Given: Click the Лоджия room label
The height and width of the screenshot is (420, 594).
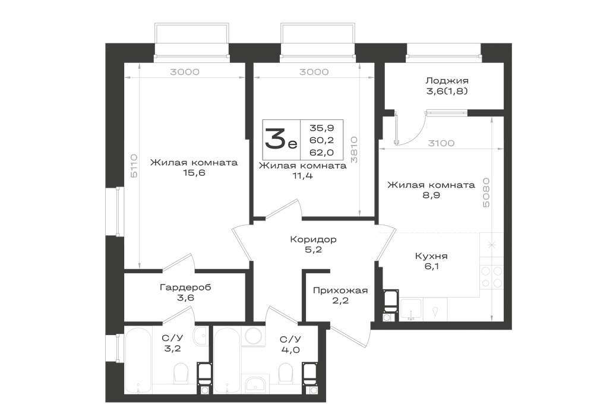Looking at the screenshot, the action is tap(447, 81).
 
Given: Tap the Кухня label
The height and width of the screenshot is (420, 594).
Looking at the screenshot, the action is tap(431, 256).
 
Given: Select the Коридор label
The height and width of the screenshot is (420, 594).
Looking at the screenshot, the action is tap(313, 239).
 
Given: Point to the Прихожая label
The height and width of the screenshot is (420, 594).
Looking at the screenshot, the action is tap(340, 290).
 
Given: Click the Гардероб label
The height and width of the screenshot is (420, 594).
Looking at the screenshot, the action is tap(185, 288).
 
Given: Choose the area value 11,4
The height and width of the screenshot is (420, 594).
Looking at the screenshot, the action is tap(302, 176).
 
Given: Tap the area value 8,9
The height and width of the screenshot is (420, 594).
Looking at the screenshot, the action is tap(431, 195).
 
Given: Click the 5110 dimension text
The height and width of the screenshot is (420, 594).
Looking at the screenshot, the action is tap(134, 166).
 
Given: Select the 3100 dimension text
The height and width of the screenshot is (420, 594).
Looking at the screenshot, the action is tap(441, 143).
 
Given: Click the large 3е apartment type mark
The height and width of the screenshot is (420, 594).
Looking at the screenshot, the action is tap(281, 138).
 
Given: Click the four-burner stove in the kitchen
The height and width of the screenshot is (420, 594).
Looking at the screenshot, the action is tap(491, 277).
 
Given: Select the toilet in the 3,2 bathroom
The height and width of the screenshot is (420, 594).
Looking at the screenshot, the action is tap(181, 374).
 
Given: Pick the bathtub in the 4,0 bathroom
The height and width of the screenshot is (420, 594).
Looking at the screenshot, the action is tap(226, 360).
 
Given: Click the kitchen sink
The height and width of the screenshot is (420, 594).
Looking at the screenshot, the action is tap(412, 309).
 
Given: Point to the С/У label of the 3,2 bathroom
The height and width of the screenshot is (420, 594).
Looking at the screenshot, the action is tap(172, 338).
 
